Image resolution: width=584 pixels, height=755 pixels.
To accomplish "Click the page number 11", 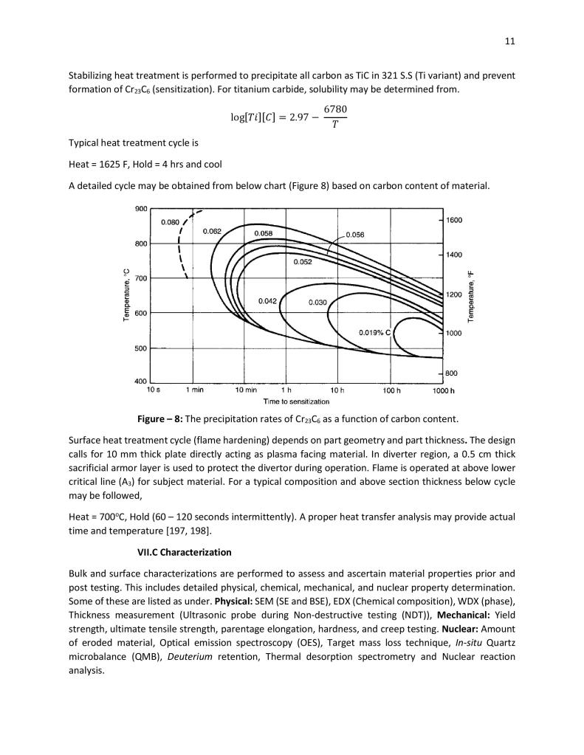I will coord(509,41).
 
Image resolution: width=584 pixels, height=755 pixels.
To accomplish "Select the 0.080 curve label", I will coord(170,221).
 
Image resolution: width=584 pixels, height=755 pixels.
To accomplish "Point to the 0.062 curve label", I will coord(212,231).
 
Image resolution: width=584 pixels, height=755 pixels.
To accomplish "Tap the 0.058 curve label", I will coord(264,233).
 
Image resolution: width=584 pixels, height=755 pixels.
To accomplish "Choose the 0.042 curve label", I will coord(267,300).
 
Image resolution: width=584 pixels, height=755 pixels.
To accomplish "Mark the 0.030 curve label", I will coord(317,301).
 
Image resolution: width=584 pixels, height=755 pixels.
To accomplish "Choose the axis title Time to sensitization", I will coord(296,401).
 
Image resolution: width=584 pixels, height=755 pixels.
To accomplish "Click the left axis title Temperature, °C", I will coord(126,296).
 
